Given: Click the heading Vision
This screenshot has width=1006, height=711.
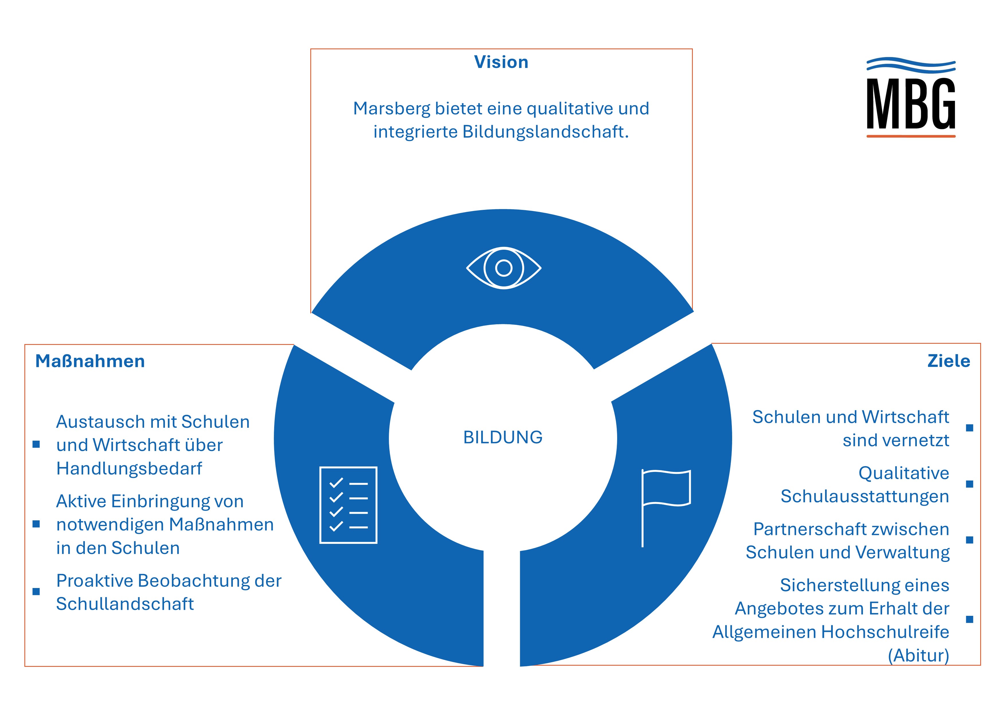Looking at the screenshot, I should [501, 62].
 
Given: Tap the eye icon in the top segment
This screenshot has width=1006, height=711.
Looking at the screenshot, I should [504, 268].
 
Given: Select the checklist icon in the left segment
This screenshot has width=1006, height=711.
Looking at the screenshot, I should [348, 505].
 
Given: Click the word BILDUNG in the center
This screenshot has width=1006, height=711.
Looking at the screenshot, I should [502, 437].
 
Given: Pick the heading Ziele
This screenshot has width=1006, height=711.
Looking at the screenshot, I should [949, 361].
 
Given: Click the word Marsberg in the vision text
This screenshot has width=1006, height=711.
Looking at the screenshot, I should [392, 109].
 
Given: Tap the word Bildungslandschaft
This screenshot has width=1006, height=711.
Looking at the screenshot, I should [545, 131].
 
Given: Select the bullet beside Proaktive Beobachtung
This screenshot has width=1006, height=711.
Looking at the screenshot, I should [36, 591].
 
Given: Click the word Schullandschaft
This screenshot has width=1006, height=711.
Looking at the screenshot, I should [125, 604].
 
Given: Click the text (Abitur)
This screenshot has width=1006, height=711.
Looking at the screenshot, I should [918, 655].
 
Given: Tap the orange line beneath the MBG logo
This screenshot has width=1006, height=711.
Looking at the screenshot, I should [911, 136].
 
